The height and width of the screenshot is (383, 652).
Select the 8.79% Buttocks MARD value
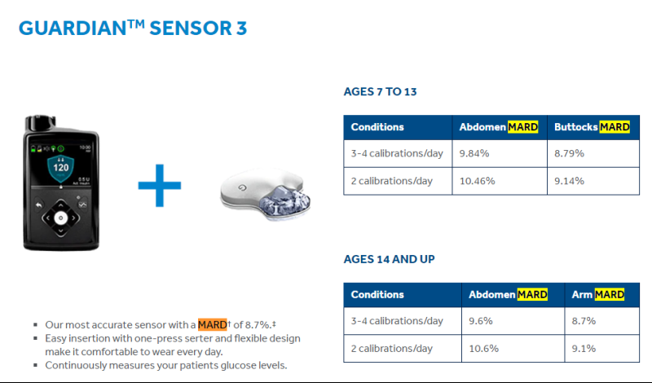569,153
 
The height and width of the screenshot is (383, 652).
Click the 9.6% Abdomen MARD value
481,321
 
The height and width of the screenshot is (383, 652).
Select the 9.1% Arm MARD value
584,349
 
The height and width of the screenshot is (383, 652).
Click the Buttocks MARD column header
592,127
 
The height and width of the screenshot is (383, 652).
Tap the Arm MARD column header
598,294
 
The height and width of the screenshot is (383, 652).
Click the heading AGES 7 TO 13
380,91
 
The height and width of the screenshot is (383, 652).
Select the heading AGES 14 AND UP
390,259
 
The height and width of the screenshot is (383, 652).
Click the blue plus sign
160,186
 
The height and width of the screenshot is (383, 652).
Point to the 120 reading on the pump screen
60,168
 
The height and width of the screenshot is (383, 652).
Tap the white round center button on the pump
60,218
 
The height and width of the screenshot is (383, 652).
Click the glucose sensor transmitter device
266,194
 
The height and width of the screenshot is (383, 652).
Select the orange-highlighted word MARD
213,324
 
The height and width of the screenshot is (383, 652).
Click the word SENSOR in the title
191,29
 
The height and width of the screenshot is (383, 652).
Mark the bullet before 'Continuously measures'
35,365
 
